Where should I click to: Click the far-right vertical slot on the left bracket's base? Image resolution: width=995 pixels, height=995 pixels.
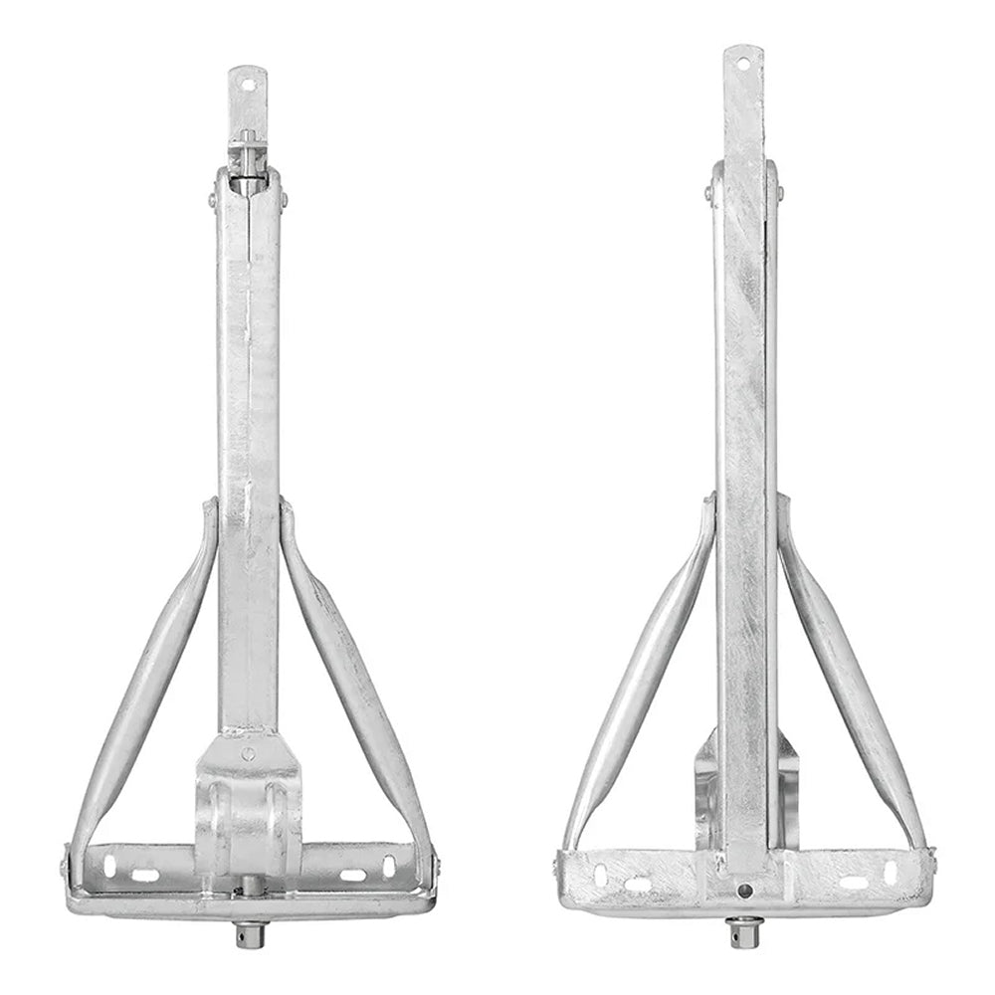pos(389,865)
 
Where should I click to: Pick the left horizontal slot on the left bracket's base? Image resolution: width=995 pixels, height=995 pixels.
pos(146,875)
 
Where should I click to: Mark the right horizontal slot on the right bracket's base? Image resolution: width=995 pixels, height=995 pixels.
pos(853,882)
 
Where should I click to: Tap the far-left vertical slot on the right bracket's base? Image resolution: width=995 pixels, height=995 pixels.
pos(601,874)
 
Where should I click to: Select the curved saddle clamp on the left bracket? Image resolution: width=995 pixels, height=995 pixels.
pos(248,816)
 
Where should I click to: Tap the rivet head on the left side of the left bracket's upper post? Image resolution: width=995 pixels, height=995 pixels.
pos(212,203)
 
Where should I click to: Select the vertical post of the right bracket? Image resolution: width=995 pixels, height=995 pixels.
pos(743,448)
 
